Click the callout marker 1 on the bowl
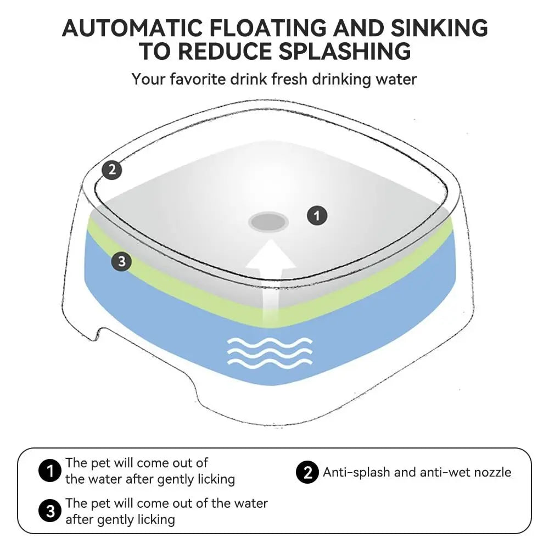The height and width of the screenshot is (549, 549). click(x=316, y=215)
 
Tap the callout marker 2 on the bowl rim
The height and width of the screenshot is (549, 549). click(x=112, y=170)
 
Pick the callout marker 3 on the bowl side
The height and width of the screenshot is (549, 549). click(x=121, y=262)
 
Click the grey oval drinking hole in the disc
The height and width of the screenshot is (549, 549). click(x=268, y=222)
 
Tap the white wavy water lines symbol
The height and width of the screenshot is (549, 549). click(x=270, y=351)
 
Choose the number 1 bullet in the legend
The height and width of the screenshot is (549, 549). click(x=50, y=471)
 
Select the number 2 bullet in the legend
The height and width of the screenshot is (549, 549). click(x=307, y=472)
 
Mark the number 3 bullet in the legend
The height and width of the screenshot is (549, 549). click(x=50, y=512)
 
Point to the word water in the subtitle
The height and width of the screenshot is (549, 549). click(x=396, y=79)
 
